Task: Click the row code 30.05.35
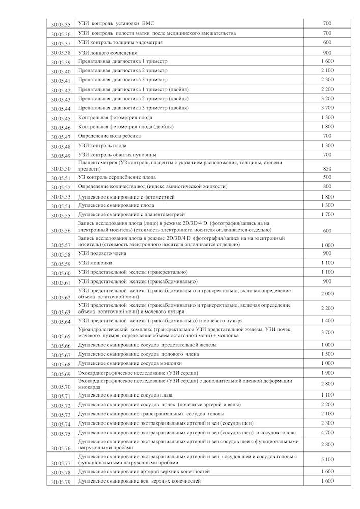[x=61, y=24]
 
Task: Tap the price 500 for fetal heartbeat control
[x=327, y=177]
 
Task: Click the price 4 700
[x=327, y=432]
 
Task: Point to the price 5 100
[x=327, y=459]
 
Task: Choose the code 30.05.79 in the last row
[x=61, y=482]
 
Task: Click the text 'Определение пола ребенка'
[x=109, y=136]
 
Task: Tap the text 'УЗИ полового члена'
[x=100, y=253]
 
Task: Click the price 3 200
[x=327, y=98]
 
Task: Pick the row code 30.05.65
[x=61, y=336]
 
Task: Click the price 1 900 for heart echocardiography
[x=327, y=373]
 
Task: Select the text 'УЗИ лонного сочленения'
[x=107, y=52]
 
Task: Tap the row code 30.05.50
[x=61, y=168]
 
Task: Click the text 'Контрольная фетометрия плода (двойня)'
[x=125, y=127]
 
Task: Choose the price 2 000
[x=327, y=294]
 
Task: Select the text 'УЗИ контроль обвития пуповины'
[x=117, y=154]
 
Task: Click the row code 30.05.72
[x=61, y=406]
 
